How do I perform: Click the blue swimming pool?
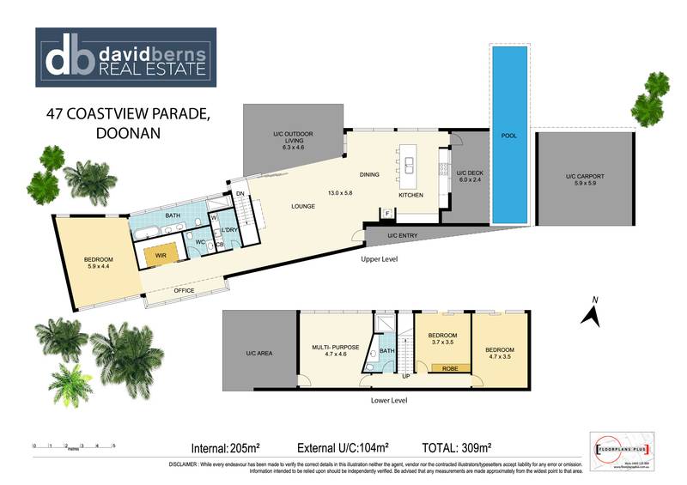point(508,137)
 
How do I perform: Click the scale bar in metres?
point(74,447)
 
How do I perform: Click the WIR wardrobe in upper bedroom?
point(160,255)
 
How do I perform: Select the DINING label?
point(369,175)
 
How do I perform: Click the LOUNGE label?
point(303,207)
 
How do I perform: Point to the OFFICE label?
point(184,291)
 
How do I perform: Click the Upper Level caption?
point(379,258)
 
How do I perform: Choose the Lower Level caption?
point(388,401)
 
